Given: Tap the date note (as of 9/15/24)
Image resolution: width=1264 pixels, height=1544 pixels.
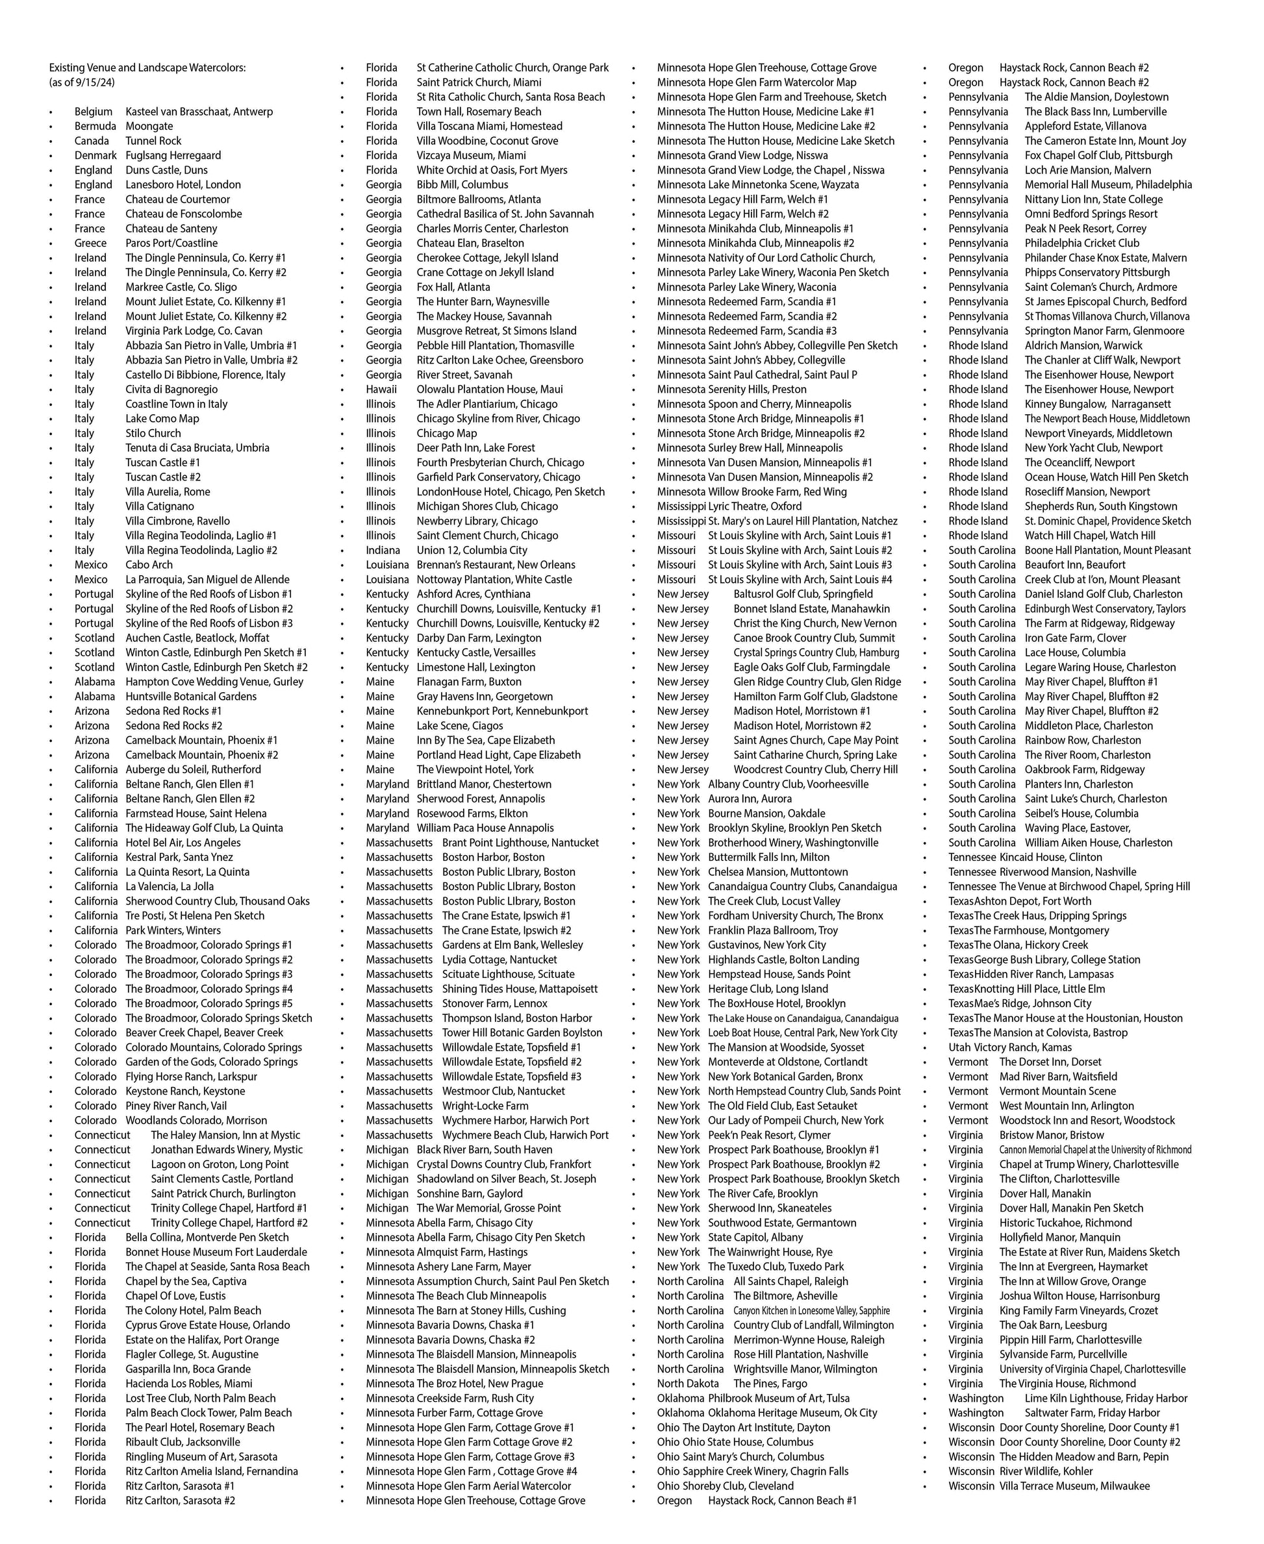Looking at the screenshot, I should pyautogui.click(x=82, y=82).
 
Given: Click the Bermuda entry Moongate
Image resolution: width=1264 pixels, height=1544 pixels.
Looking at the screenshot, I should pyautogui.click(x=149, y=126).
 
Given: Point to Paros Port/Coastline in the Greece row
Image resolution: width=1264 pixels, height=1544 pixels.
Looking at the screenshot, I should pyautogui.click(x=171, y=243).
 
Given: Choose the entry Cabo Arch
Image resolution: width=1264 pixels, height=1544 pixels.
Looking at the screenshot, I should pyautogui.click(x=149, y=565).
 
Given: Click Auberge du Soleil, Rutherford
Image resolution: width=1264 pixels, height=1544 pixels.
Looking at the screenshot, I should pyautogui.click(x=192, y=769).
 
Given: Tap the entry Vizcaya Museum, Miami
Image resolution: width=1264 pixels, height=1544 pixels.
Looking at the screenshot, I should pyautogui.click(x=470, y=155).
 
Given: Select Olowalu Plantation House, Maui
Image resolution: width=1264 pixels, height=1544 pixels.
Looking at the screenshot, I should pyautogui.click(x=489, y=390).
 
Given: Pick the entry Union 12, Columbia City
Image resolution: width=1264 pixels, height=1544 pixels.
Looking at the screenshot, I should pyautogui.click(x=472, y=551).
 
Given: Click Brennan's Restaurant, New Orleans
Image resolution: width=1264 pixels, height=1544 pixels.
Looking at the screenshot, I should pyautogui.click(x=495, y=565).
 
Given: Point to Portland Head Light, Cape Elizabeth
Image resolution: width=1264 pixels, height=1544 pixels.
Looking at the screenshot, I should pyautogui.click(x=498, y=755).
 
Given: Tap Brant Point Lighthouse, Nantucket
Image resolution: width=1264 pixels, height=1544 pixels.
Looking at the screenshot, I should pyautogui.click(x=520, y=842).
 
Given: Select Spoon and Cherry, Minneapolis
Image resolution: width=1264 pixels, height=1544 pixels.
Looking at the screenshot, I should pyautogui.click(x=779, y=404).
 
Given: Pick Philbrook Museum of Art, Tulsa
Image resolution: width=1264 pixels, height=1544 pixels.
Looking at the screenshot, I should pyautogui.click(x=778, y=1398).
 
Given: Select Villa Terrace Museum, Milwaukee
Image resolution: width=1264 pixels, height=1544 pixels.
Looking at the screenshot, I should pyautogui.click(x=1074, y=1486).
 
